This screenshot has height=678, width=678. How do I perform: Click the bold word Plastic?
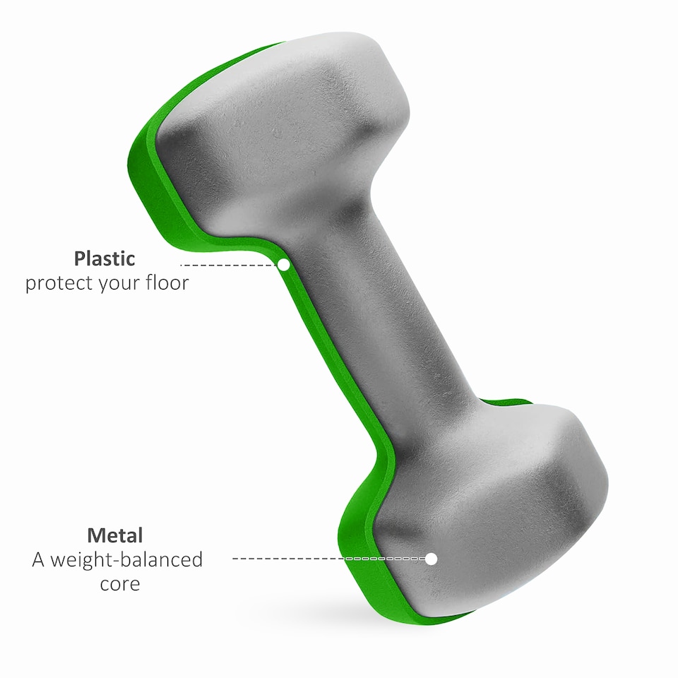104,258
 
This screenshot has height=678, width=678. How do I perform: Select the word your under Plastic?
119,284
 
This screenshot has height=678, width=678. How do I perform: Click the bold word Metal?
114,535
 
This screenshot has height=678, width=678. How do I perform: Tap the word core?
119,584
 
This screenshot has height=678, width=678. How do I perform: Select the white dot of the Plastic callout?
283,265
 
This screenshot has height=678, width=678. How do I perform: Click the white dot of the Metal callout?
432,559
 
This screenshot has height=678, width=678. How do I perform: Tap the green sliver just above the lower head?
519,402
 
